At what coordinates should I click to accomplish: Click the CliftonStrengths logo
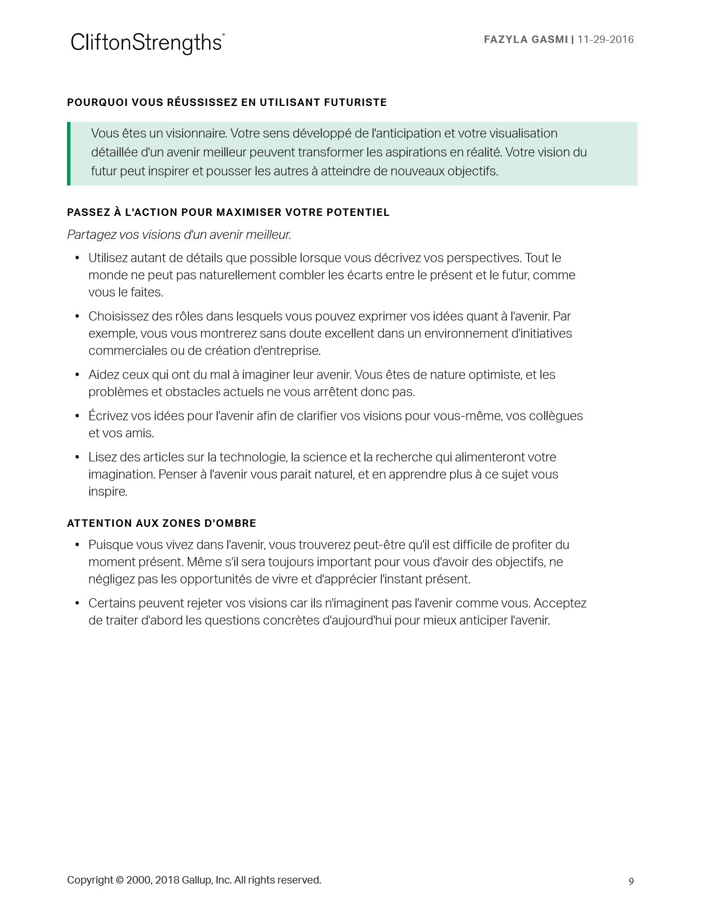(147, 43)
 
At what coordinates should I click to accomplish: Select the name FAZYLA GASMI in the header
(526, 40)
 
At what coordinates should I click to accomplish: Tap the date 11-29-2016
(605, 40)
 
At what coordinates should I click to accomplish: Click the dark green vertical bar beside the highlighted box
(69, 153)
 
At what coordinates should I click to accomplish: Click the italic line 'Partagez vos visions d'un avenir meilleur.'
(179, 235)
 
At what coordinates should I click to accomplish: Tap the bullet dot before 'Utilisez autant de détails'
(77, 258)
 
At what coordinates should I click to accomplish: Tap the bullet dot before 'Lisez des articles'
(77, 458)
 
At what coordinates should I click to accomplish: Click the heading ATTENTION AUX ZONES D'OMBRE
(162, 523)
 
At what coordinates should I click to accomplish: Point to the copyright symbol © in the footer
(119, 880)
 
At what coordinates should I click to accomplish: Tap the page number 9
(631, 881)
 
